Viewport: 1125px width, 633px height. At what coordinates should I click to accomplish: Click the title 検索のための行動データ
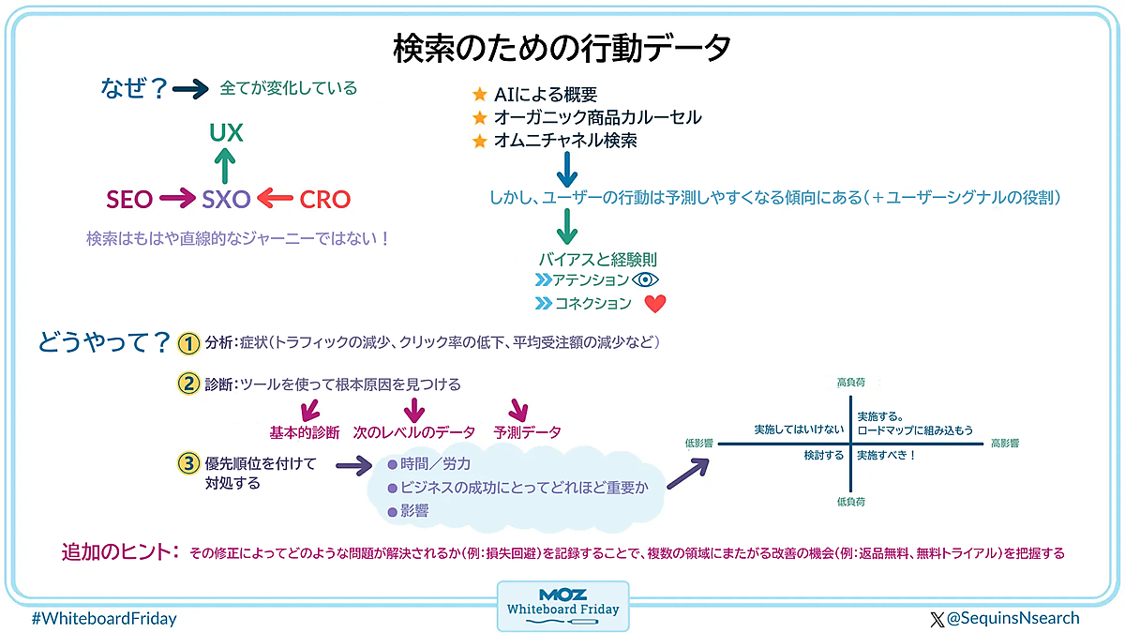(x=562, y=46)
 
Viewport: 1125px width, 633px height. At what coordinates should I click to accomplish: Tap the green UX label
(x=226, y=133)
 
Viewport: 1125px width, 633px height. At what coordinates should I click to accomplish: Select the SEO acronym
(x=129, y=199)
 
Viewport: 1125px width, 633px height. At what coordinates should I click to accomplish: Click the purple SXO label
(x=227, y=199)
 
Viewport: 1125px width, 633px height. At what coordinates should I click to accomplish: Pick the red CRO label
(x=324, y=199)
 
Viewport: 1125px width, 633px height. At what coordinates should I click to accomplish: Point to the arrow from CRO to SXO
(x=276, y=199)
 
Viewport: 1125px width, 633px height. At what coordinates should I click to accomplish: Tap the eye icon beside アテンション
(x=647, y=279)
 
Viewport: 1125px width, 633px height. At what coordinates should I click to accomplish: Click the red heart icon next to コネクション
(x=655, y=304)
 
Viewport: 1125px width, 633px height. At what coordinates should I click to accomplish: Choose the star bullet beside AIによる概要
(x=480, y=95)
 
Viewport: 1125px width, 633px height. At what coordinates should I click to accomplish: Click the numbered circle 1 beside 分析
(x=188, y=343)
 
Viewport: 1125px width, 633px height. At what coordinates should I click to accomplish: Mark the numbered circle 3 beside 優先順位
(x=188, y=463)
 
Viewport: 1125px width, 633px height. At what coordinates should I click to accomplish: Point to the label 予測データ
(x=528, y=432)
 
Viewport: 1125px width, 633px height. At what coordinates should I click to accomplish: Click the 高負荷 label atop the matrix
(x=851, y=383)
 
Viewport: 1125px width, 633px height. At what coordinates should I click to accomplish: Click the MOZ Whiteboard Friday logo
(x=562, y=605)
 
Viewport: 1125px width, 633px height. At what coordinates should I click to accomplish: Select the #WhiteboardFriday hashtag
(x=104, y=618)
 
